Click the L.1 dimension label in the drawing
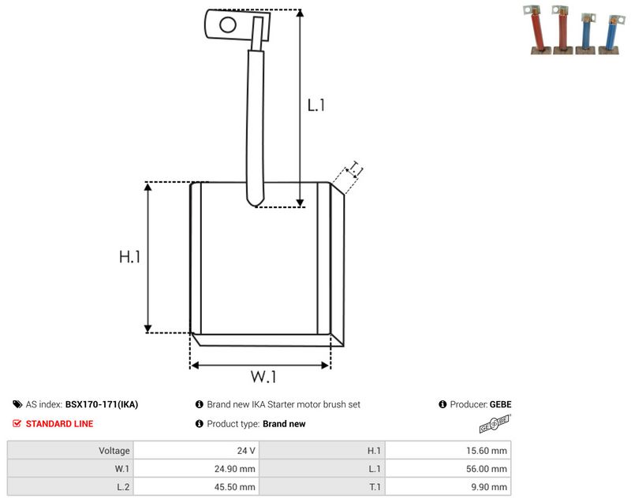[x=316, y=106]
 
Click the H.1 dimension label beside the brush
[x=129, y=256]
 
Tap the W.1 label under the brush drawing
[x=263, y=377]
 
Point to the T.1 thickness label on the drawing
[x=356, y=169]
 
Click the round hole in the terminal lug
[x=228, y=24]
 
